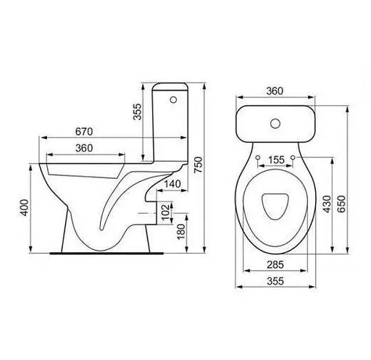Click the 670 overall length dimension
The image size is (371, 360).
84,132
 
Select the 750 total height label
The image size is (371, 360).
198,164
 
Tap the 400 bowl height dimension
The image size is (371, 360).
25,208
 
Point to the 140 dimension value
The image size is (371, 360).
172,184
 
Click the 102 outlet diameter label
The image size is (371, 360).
165,212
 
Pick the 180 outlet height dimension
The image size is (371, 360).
181,232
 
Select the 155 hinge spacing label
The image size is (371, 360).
276,160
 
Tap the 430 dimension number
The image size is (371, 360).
327,204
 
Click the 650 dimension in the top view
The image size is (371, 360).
341,204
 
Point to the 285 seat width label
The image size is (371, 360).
275,265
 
